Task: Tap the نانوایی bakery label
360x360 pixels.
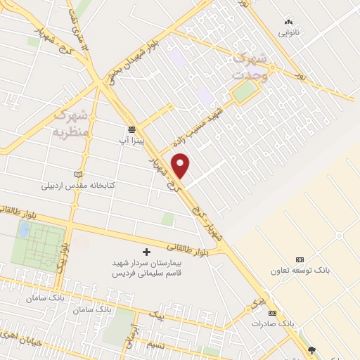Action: (x=288, y=33)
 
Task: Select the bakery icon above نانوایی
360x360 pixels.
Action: (x=288, y=22)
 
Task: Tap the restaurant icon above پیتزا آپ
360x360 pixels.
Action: (x=131, y=129)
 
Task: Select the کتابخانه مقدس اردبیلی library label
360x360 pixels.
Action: (x=77, y=186)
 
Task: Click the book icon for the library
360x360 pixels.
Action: (x=78, y=174)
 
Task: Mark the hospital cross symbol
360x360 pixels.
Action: (x=146, y=252)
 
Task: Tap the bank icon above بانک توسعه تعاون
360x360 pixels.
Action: (x=300, y=259)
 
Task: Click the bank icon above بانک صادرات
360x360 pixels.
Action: (x=273, y=313)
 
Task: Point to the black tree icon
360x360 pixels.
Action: (x=312, y=349)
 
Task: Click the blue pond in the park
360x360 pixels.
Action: (x=25, y=230)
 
